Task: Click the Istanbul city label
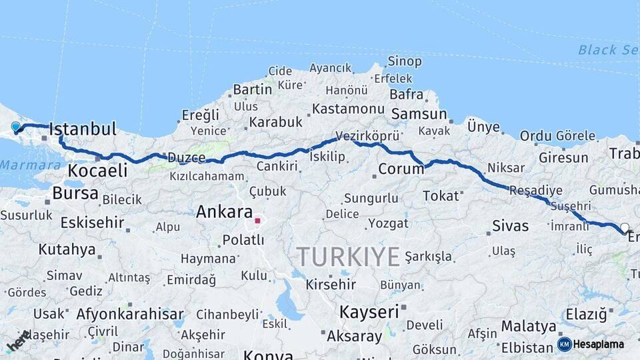(x=83, y=129)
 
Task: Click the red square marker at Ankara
(x=257, y=220)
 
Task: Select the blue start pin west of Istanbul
(x=16, y=126)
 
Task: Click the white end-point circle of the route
(x=625, y=227)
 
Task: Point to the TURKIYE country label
(x=348, y=256)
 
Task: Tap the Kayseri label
(x=369, y=311)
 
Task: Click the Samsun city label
(x=419, y=114)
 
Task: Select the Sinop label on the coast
(x=404, y=61)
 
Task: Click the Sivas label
(x=510, y=225)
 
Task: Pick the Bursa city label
(x=75, y=194)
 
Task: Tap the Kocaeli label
(x=97, y=171)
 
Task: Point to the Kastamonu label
(x=348, y=109)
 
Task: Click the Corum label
(x=401, y=169)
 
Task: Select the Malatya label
(x=529, y=326)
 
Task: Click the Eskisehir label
(x=92, y=222)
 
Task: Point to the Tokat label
(x=441, y=195)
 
